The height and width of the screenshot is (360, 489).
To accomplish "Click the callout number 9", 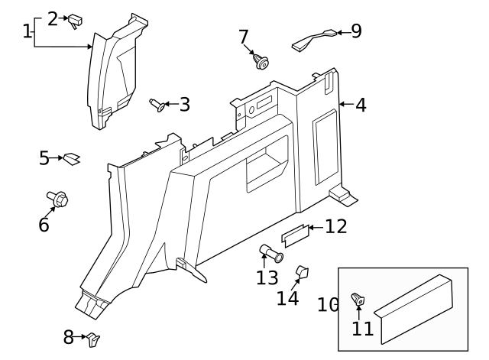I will coord(355,31).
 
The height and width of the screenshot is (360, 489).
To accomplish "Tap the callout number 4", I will coord(360,105).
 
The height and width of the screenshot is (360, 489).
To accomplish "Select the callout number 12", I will coord(335,226).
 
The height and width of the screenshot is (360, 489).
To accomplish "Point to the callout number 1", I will coord(28,31).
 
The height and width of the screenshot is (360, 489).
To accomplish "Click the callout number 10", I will coord(328,305).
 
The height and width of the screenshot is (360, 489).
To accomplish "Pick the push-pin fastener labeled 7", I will coord(260,60).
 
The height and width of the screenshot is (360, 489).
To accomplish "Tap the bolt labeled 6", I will coord(58,199).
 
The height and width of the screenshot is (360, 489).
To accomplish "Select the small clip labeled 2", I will coord(76,21).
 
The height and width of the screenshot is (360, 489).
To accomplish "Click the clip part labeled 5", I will coord(72,159).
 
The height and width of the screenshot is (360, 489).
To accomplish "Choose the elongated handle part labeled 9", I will coord(313,40).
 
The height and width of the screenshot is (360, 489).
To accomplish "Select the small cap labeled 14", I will coord(301,272).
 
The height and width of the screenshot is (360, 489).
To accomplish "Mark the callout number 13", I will coord(267,277).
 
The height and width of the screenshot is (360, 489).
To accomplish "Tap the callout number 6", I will coord(44,225).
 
